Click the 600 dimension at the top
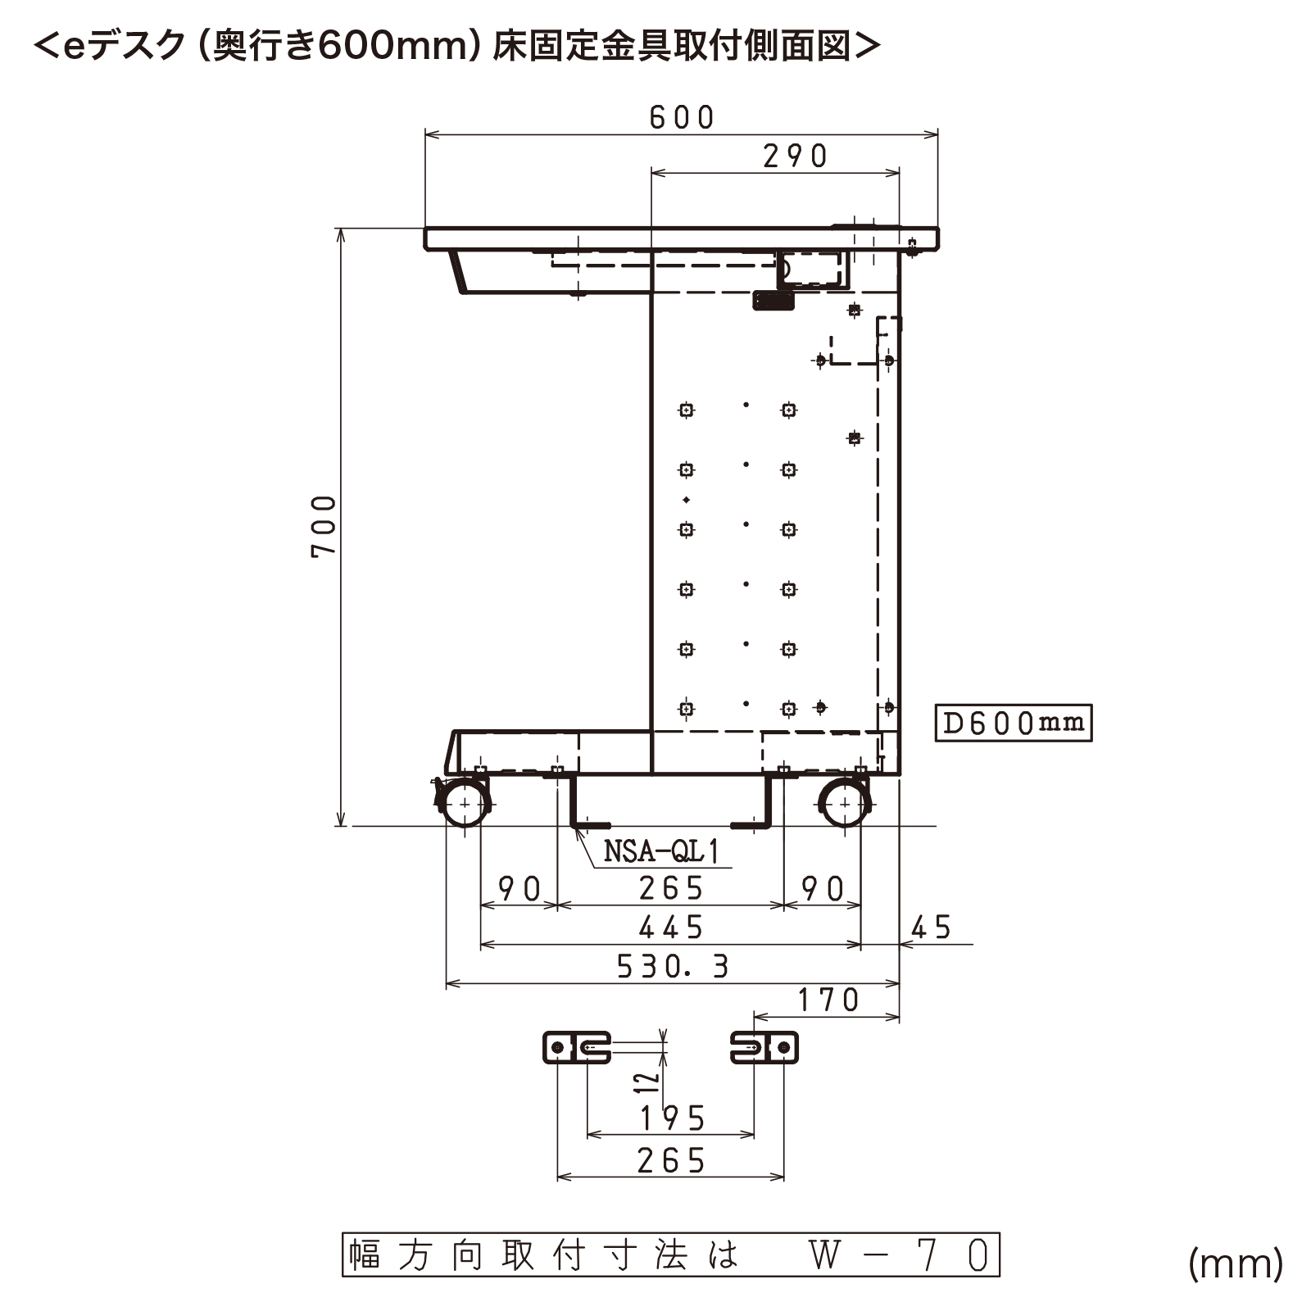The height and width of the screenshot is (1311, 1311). point(682,118)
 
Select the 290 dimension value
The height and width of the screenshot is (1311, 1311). point(795,156)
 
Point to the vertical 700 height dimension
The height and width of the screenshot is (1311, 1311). point(324,526)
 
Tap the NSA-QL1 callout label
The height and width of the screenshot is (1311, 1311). point(661,852)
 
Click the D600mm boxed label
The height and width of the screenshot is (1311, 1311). point(1014,723)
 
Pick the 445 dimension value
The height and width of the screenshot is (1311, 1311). point(671,928)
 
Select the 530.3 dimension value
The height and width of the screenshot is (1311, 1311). point(673,967)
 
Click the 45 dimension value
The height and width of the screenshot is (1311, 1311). point(931,928)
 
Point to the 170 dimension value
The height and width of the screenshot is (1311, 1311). point(828,1000)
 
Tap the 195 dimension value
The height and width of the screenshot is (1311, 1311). point(673,1118)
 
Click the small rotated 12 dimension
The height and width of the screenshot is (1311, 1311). point(648,1082)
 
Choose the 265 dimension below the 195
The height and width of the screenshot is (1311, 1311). point(671,1161)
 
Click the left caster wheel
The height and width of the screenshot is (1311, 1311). point(465,803)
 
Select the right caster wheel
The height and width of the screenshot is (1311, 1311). point(844,803)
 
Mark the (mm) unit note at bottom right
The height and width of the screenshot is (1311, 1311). point(1236,1263)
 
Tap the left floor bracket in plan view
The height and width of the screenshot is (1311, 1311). point(577,1047)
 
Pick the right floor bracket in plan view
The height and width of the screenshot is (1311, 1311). point(764,1047)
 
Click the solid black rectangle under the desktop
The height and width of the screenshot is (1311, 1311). point(773,301)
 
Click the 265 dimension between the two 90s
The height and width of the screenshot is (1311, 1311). point(671,889)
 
